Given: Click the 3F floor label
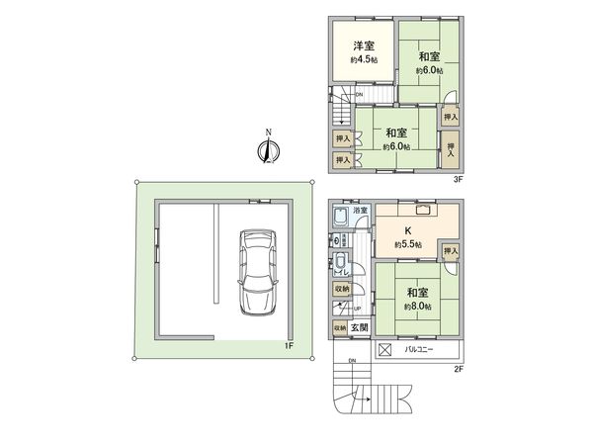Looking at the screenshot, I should tap(458, 179).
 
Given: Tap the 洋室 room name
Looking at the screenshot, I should tap(364, 46).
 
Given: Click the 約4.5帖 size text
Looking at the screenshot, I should tap(364, 60).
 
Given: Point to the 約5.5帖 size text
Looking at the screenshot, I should tap(407, 244).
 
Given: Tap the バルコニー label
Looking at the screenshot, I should tap(422, 349).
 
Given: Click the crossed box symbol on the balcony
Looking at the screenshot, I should tap(385, 349).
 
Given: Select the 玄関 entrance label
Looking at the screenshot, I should tap(358, 327).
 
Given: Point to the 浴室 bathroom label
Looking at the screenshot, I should tap(362, 211).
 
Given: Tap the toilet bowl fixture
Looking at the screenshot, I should tap(341, 263).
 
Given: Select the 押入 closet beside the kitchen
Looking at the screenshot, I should tap(451, 252).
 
